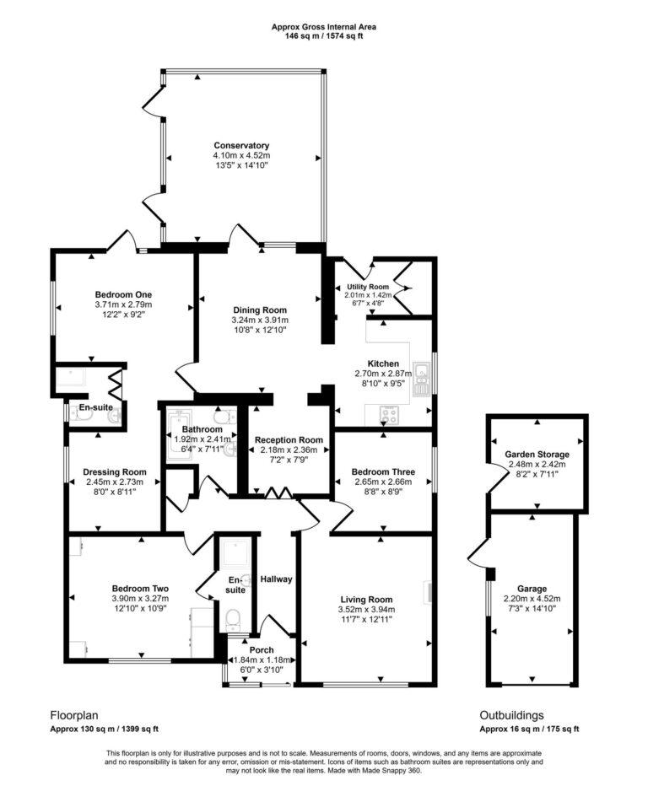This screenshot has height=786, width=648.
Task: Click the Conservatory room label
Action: (241, 145)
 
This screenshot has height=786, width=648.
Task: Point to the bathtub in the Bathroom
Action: (181, 422)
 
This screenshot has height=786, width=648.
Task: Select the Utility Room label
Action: (368, 287)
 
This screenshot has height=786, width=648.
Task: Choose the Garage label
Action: (532, 589)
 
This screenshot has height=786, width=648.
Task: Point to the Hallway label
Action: (276, 579)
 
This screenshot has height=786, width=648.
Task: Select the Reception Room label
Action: (289, 439)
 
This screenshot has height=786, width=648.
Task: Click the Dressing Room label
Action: (115, 472)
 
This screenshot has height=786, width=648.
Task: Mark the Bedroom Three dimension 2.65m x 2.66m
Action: (384, 482)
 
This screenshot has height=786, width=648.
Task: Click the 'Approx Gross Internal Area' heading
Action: (324, 27)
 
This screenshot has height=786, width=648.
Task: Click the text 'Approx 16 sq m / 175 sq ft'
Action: (529, 729)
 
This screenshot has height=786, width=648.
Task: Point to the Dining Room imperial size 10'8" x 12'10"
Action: (259, 331)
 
